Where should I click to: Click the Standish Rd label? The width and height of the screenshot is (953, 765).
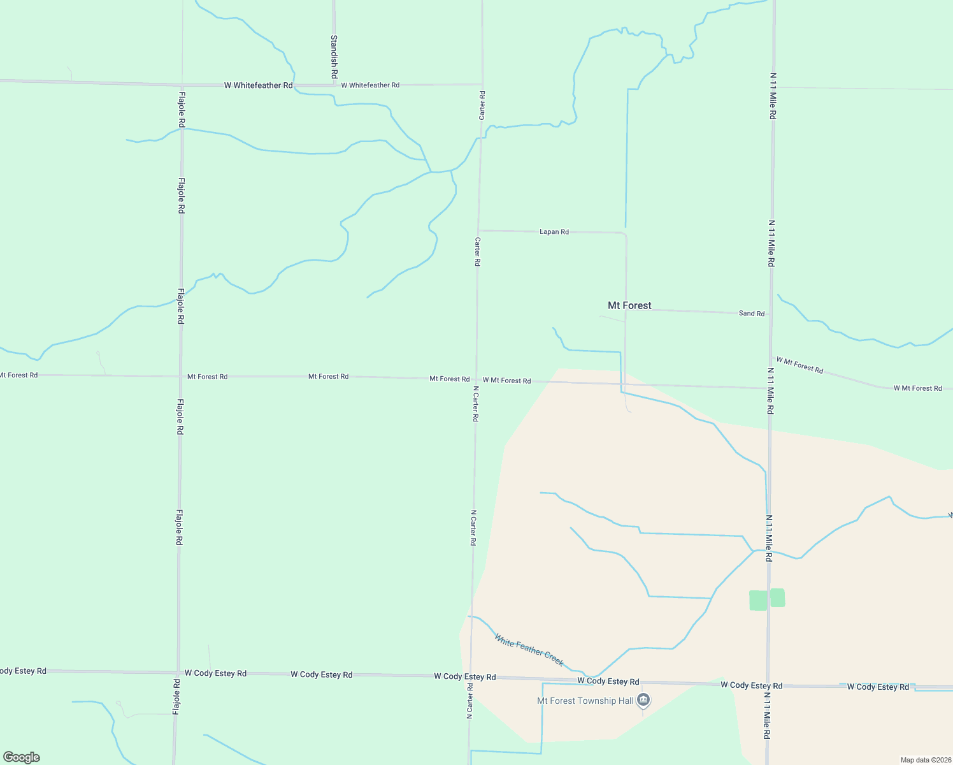[334, 56]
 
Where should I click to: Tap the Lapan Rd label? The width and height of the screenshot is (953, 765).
[554, 232]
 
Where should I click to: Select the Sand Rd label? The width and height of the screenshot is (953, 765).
[751, 314]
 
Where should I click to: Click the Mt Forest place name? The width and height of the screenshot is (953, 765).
[629, 306]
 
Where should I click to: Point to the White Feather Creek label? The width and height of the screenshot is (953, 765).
[529, 650]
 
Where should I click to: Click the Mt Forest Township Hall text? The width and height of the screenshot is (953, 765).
[585, 701]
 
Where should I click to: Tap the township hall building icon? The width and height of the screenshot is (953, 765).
[643, 701]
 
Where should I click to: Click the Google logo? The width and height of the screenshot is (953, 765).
[22, 757]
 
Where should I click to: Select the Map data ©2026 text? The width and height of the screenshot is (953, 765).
[925, 760]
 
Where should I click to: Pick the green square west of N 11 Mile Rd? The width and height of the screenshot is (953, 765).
[758, 601]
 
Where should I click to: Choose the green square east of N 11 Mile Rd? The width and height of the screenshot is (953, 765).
[777, 598]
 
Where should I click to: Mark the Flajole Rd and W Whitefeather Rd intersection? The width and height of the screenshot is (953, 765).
[182, 85]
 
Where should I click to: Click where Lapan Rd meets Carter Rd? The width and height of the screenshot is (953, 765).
[478, 231]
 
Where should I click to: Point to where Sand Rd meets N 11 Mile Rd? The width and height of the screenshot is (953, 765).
[771, 314]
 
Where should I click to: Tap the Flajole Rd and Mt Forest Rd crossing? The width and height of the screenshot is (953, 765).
[180, 376]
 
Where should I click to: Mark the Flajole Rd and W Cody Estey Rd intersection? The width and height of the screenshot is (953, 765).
[178, 673]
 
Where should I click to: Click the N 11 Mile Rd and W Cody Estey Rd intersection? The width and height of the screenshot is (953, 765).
[768, 685]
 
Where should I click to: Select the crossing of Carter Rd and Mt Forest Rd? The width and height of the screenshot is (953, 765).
[476, 379]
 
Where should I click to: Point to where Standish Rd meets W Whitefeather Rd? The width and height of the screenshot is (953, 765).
[334, 84]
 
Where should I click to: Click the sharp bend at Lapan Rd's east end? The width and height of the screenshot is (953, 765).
[626, 235]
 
